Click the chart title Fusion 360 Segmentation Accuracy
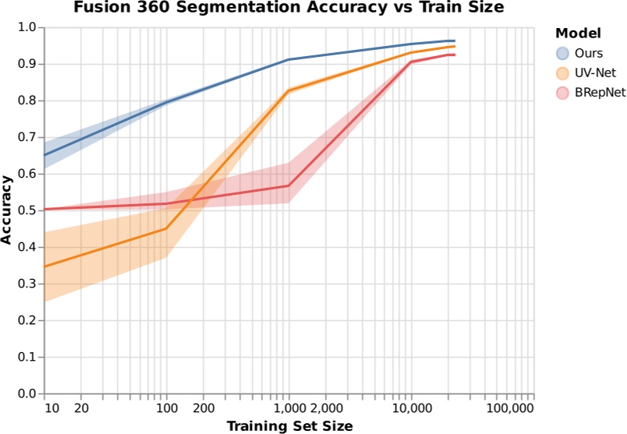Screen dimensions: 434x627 click(290, 8)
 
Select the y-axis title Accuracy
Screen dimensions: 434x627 click(8, 210)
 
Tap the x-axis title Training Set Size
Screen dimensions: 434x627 click(289, 425)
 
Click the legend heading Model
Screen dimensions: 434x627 click(577, 34)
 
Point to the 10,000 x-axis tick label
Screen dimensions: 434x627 click(411, 407)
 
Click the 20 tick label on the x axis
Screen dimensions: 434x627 click(82, 407)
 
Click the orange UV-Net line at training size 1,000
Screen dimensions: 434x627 click(289, 91)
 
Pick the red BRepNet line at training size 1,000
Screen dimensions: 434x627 click(289, 185)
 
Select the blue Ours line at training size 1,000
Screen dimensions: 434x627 click(289, 59)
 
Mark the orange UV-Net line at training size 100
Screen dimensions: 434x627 click(166, 228)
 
